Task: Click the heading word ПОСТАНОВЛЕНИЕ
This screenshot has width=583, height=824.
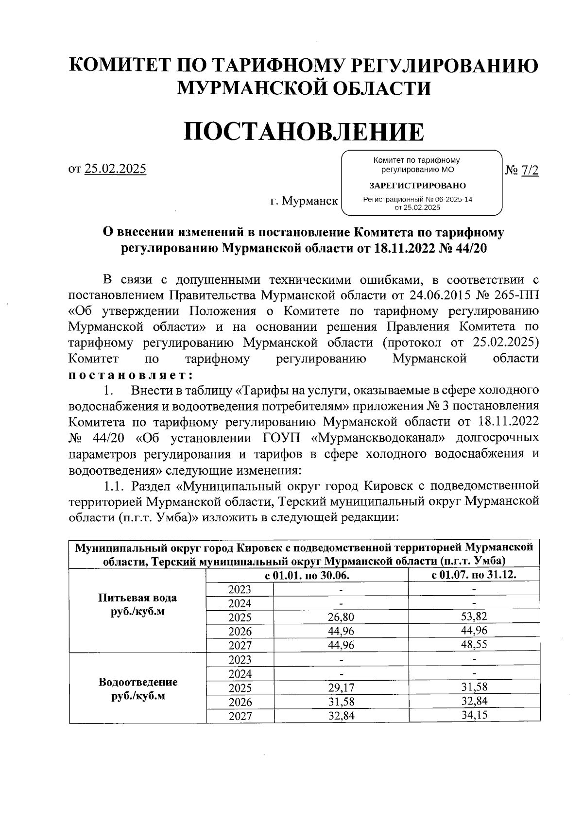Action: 303,131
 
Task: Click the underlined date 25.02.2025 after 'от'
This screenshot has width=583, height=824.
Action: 115,169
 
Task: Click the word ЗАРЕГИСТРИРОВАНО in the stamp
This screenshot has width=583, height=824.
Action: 417,186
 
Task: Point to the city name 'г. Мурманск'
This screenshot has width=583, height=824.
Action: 304,200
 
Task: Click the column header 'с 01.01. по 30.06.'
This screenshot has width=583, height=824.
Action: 307,575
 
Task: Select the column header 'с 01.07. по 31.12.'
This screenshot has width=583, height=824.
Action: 474,575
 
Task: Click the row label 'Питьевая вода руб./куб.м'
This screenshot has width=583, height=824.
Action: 137,604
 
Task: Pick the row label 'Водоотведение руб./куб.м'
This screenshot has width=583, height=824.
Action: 137,688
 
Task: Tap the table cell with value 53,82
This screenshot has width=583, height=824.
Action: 474,617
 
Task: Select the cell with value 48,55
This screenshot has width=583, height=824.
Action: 474,644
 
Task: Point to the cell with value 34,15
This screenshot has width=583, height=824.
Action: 474,715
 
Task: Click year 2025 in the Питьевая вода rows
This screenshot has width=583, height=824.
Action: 240,618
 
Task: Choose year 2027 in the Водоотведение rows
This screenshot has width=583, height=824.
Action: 240,716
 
